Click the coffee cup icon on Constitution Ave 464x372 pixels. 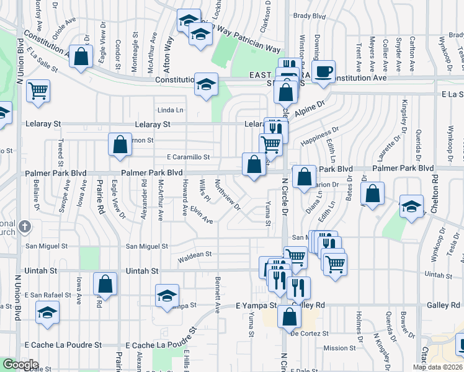pos(324,71)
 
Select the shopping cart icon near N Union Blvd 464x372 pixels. pos(38,91)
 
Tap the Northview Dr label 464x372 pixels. pos(227,195)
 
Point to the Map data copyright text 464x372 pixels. pos(437,367)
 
